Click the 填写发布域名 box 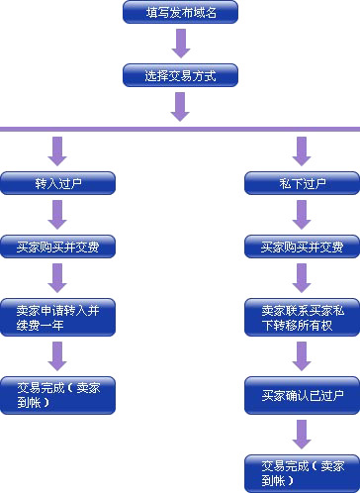tap(179, 12)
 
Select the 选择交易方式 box tap(179, 75)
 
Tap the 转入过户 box tap(57, 183)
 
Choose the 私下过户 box tap(302, 183)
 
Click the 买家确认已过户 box tap(302, 396)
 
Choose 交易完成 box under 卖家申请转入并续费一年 tap(57, 394)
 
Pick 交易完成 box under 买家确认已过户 tap(302, 472)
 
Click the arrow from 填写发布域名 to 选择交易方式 tap(179, 44)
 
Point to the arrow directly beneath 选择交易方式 tap(179, 107)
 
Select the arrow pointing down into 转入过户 tap(57, 150)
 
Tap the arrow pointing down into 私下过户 tap(302, 150)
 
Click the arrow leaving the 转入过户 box tap(57, 215)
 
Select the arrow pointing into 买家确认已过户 tap(302, 357)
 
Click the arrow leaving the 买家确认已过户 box tap(302, 434)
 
